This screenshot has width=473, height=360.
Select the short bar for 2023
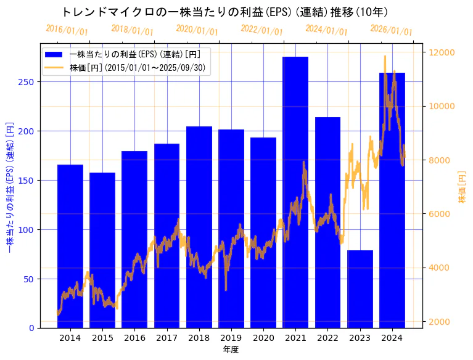coord(360,289)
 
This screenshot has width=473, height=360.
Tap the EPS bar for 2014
coord(70,246)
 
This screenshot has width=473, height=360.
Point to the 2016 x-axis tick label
coord(134,338)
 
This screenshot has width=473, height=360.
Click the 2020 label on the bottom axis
coord(263,338)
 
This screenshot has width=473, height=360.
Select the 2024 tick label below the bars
coord(392,338)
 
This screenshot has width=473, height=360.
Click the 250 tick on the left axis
coord(28,82)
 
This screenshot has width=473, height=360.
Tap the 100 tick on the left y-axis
coord(28,230)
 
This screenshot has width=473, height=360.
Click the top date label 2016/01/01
coord(67,30)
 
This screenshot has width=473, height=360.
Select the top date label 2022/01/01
coord(261,30)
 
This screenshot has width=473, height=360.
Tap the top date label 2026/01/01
coord(391,30)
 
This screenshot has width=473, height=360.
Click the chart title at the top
coord(225,12)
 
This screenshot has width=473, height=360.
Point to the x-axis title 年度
coord(231,350)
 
